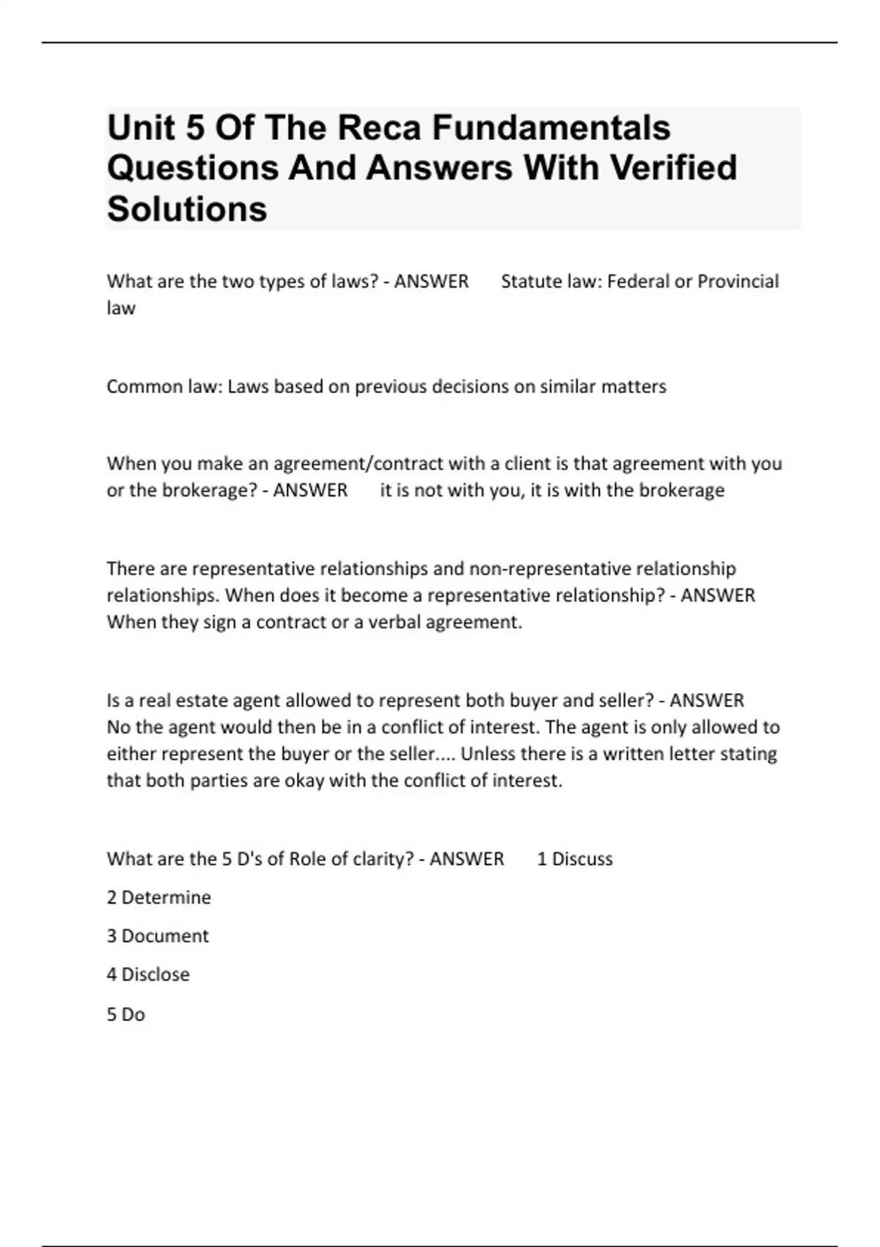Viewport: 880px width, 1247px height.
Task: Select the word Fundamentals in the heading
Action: coord(551,128)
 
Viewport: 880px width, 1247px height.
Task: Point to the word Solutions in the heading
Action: coord(187,209)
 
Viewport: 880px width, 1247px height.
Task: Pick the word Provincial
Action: coord(738,282)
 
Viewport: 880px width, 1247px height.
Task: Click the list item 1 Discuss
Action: coord(575,859)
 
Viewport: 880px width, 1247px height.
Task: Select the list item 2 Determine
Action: coord(159,898)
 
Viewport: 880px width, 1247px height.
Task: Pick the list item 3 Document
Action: coord(158,936)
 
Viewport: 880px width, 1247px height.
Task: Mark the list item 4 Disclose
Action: coord(148,975)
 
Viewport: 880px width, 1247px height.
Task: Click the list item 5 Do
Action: coord(126,1014)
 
